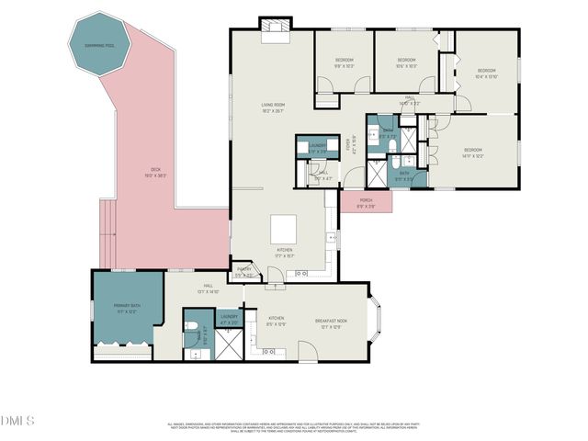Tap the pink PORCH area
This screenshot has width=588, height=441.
pyautogui.click(x=366, y=201)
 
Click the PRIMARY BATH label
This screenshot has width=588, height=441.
pyautogui.click(x=126, y=309)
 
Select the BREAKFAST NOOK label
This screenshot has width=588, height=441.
pyautogui.click(x=330, y=322)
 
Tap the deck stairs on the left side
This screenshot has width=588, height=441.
pyautogui.click(x=108, y=229)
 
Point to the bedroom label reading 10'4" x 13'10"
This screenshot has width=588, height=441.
pyautogui.click(x=486, y=73)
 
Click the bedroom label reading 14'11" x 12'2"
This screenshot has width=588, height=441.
pyautogui.click(x=473, y=153)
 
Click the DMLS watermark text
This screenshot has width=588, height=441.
pyautogui.click(x=17, y=421)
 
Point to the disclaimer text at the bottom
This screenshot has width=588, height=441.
pyautogui.click(x=293, y=427)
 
